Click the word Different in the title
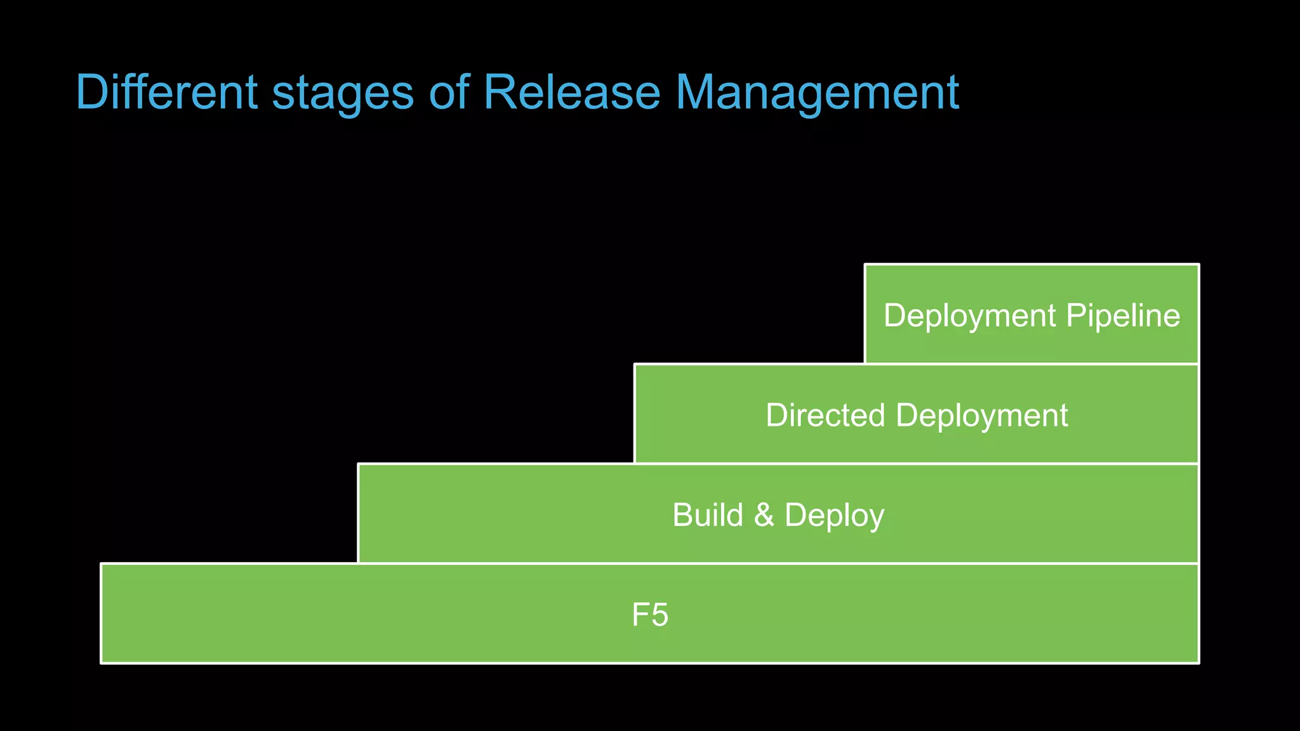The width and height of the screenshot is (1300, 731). click(x=166, y=93)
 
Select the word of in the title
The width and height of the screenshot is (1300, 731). click(x=449, y=93)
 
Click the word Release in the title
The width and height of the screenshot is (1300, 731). click(x=571, y=93)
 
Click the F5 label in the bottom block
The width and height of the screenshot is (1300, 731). click(x=650, y=615)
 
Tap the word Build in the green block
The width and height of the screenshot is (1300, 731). click(x=707, y=515)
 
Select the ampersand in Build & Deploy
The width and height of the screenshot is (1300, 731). click(x=764, y=515)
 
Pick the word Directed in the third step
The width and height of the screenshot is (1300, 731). click(x=825, y=415)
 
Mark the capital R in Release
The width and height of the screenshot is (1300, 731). click(x=499, y=93)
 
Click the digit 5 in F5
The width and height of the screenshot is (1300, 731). click(x=660, y=615)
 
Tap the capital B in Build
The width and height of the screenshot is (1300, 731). click(x=682, y=515)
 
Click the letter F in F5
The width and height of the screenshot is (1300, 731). click(x=640, y=615)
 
